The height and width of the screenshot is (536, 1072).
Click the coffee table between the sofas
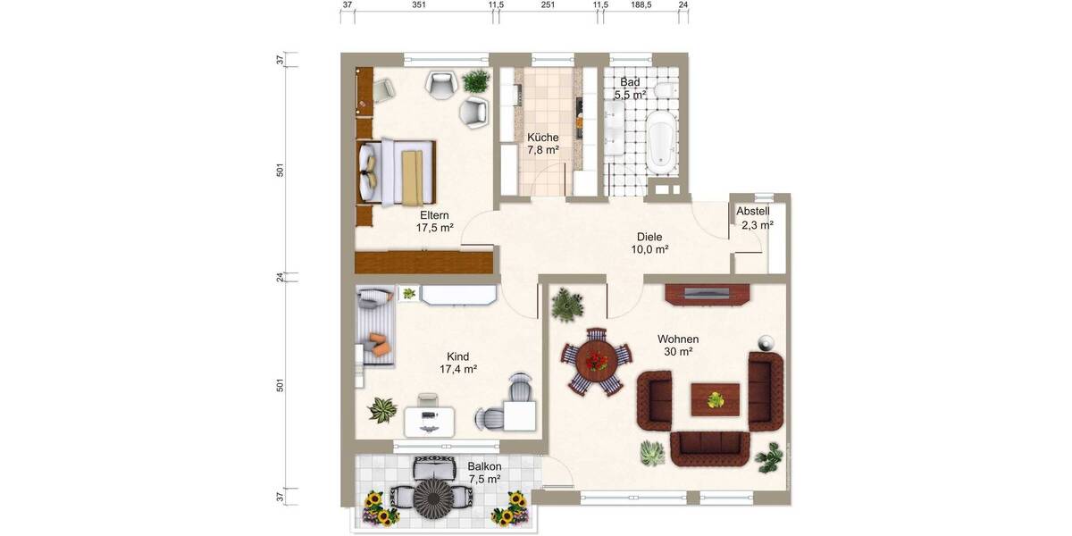coord(716,398)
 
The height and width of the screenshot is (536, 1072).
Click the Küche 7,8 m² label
coord(542,143)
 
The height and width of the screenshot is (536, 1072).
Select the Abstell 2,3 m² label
coord(752,218)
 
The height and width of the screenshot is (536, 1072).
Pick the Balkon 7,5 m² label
coord(484,473)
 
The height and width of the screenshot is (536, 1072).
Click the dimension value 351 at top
coord(418,5)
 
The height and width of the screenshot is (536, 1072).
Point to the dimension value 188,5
coord(641,5)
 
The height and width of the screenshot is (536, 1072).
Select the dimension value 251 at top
coord(548,5)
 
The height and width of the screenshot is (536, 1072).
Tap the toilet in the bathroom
coord(664,92)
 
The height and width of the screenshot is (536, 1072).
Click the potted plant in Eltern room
coord(475,81)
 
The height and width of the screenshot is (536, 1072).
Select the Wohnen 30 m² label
coord(677,345)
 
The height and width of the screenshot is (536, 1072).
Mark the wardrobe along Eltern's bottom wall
coord(423,262)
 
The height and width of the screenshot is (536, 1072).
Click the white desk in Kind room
coord(429,420)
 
